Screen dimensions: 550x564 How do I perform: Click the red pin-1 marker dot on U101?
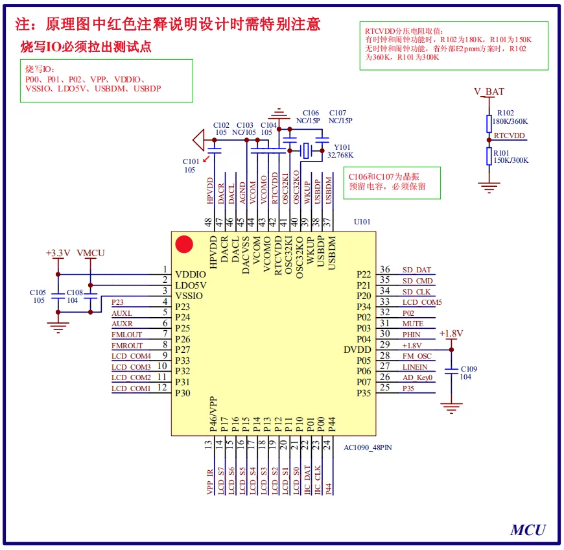click(185, 245)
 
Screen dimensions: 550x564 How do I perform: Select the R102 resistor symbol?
click(489, 123)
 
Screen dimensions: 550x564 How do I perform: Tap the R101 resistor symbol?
click(489, 156)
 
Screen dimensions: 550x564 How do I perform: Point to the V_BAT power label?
click(489, 92)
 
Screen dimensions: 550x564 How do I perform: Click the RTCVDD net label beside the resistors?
click(510, 136)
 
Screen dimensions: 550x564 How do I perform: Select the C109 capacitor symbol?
click(451, 372)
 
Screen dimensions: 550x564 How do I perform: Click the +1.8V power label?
click(451, 333)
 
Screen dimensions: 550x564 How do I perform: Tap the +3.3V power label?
click(58, 252)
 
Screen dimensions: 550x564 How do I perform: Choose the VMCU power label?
click(90, 252)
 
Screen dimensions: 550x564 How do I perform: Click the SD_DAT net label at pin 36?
click(416, 270)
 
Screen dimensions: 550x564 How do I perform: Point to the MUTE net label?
click(412, 324)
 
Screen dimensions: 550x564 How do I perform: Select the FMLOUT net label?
click(126, 335)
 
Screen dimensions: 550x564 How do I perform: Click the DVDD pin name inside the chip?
click(357, 350)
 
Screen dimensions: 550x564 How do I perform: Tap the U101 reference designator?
click(362, 222)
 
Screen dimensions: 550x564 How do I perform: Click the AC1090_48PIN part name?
click(368, 447)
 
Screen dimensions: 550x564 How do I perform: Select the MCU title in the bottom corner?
click(528, 529)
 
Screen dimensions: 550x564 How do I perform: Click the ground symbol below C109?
click(451, 407)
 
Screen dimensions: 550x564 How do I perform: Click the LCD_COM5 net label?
click(421, 302)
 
